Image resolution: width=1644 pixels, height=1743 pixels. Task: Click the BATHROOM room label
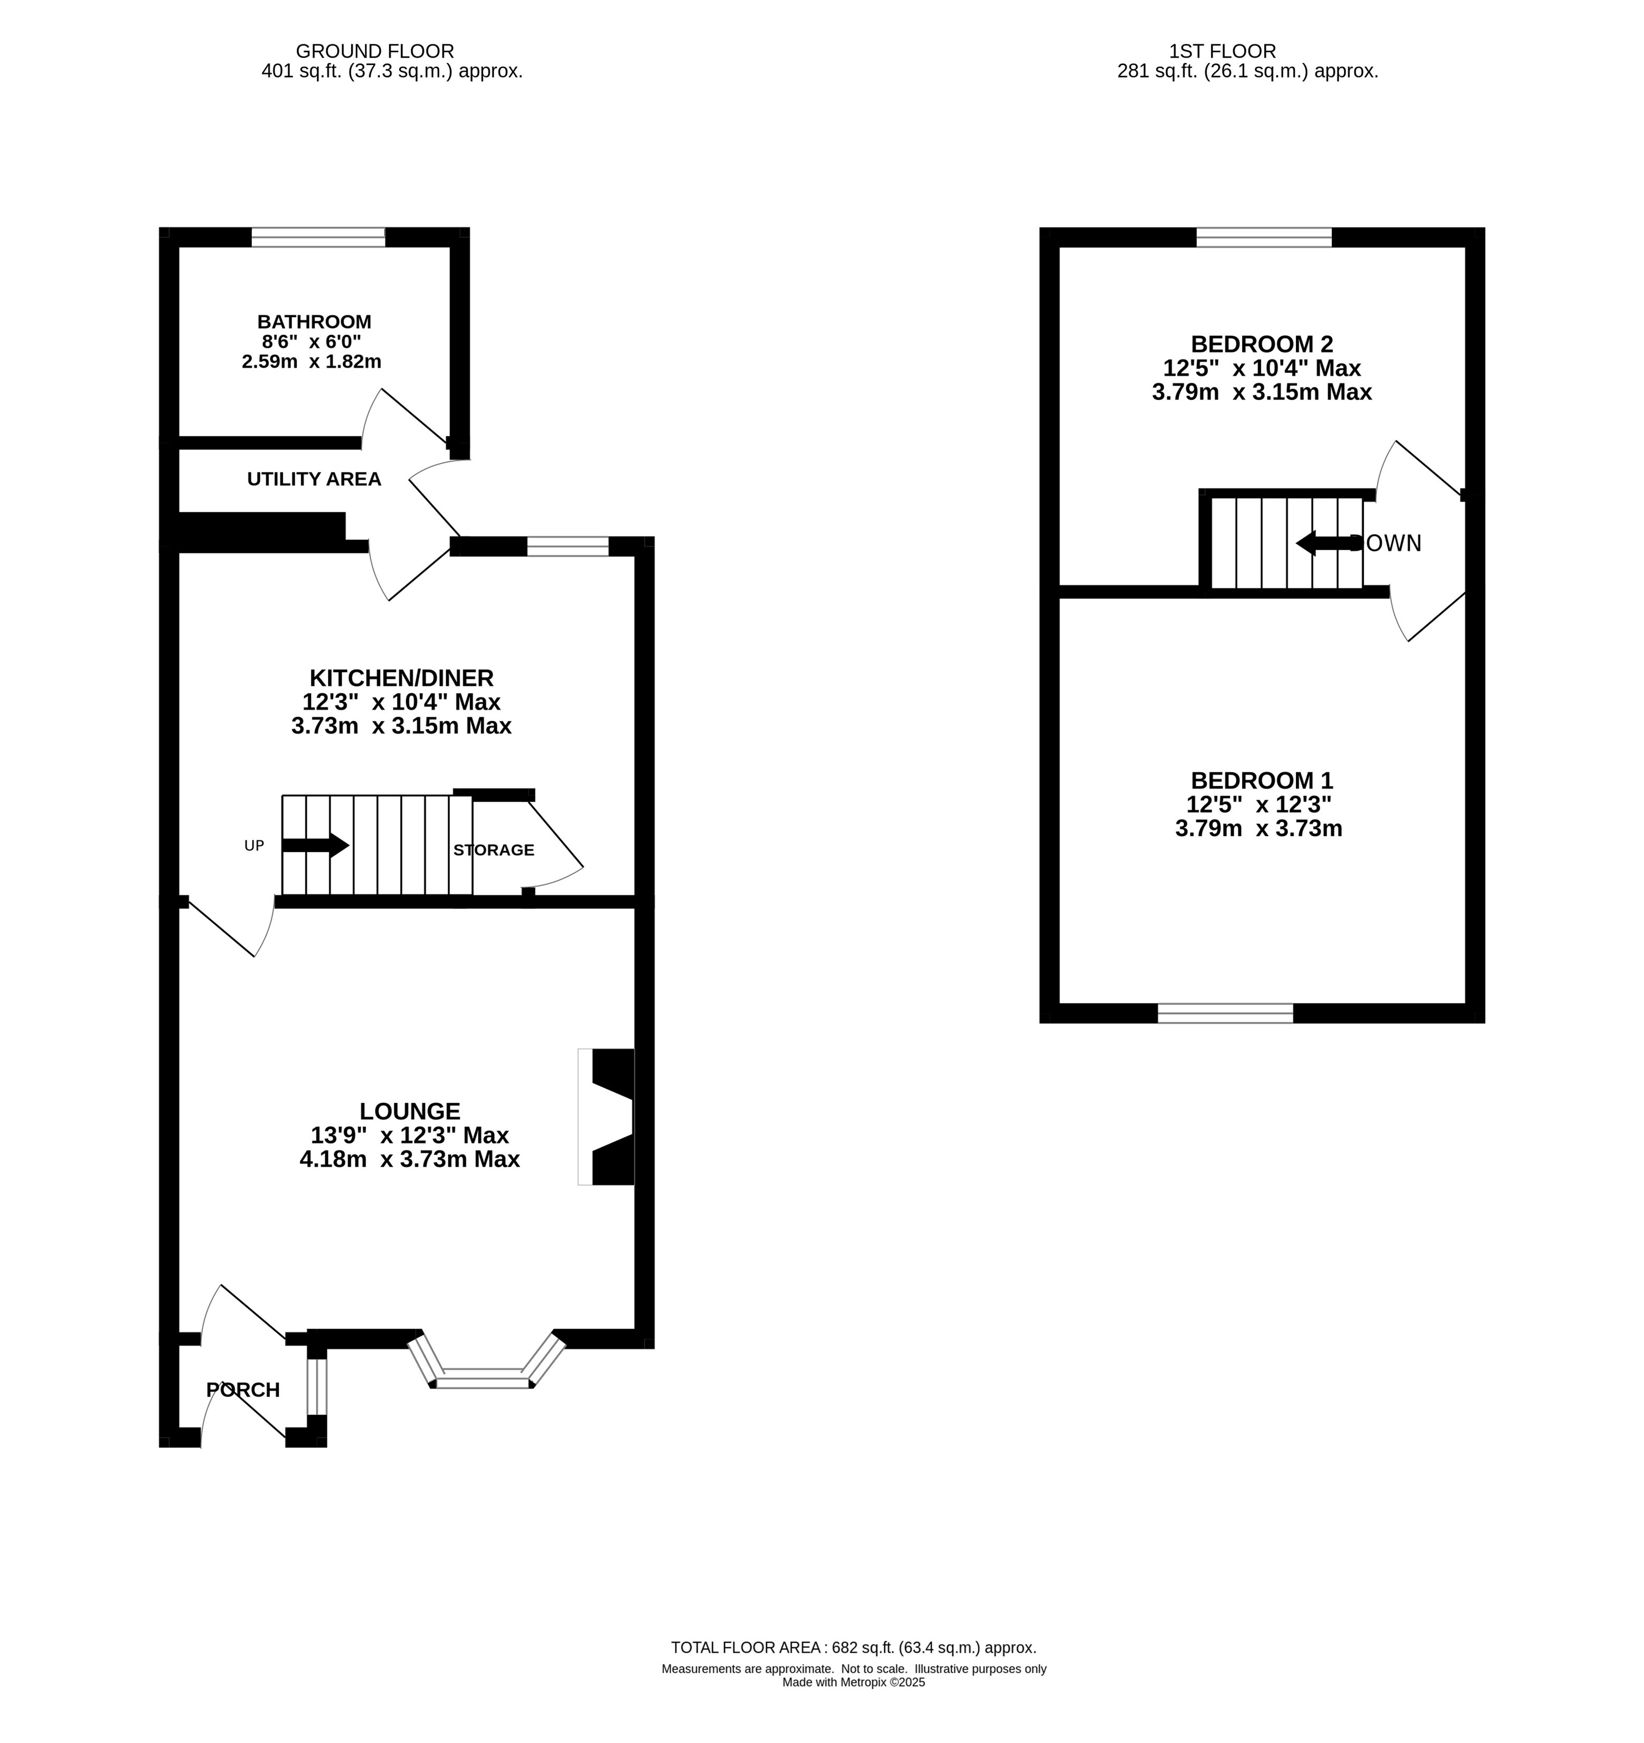tap(314, 322)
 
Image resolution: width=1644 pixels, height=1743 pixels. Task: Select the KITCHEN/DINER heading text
tap(401, 678)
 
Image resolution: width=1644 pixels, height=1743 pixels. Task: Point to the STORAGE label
tap(494, 850)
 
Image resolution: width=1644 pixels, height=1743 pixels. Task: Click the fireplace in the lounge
tap(607, 1117)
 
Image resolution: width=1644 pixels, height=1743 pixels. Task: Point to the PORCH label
tap(243, 1390)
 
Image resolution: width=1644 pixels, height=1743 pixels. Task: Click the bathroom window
tap(318, 237)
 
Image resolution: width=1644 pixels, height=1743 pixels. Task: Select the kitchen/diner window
tap(567, 546)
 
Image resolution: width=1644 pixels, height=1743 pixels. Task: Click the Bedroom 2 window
tap(1264, 237)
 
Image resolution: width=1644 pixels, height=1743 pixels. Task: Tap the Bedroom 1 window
tap(1226, 1014)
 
